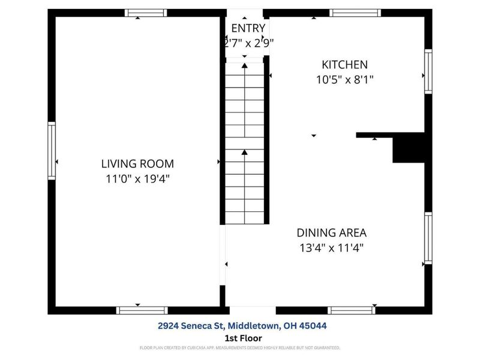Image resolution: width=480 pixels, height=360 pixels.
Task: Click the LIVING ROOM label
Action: coord(137,163)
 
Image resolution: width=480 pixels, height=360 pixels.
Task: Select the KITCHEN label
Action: coord(344,65)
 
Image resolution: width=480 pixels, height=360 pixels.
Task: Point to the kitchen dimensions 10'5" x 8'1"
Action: coord(344,79)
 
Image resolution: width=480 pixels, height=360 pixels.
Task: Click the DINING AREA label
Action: coord(331,233)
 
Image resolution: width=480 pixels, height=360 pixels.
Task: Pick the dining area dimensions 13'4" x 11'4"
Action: coord(331,247)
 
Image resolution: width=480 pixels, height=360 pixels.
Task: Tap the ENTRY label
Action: coord(248,28)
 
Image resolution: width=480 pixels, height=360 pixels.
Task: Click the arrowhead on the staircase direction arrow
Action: coord(244,154)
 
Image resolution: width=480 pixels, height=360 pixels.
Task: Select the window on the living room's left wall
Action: coord(52,153)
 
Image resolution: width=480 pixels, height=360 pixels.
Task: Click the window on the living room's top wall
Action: coord(146,13)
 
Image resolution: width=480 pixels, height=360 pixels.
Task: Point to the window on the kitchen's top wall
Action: coord(355,13)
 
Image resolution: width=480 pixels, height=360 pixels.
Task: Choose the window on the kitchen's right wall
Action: coord(428,71)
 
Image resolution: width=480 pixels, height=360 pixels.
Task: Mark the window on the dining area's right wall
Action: coord(428,238)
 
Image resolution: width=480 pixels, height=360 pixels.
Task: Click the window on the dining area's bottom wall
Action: coord(352,310)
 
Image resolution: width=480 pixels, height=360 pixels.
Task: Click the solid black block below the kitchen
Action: coord(409,148)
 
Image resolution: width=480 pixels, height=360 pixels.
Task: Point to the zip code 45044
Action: coord(314,326)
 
